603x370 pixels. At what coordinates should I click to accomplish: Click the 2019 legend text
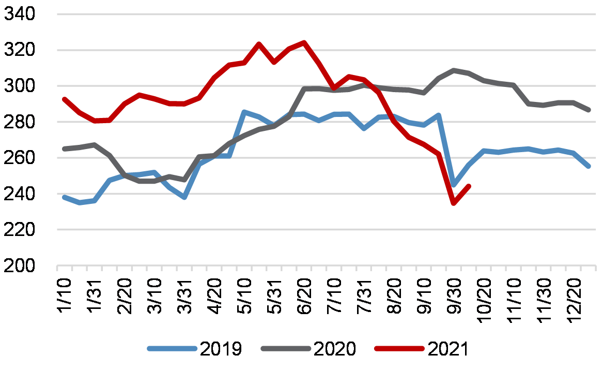click(220, 349)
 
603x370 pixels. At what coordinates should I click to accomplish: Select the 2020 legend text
click(334, 349)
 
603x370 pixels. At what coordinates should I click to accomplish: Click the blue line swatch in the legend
click(172, 349)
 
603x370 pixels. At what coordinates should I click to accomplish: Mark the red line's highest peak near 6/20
click(304, 42)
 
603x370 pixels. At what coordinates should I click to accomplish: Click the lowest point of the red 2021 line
click(454, 203)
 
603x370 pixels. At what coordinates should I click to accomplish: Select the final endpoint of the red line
click(469, 186)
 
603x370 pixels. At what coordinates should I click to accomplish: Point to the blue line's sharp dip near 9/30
click(454, 185)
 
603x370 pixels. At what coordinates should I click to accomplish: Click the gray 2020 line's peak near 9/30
click(454, 70)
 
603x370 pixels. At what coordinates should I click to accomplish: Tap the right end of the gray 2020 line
click(589, 110)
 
